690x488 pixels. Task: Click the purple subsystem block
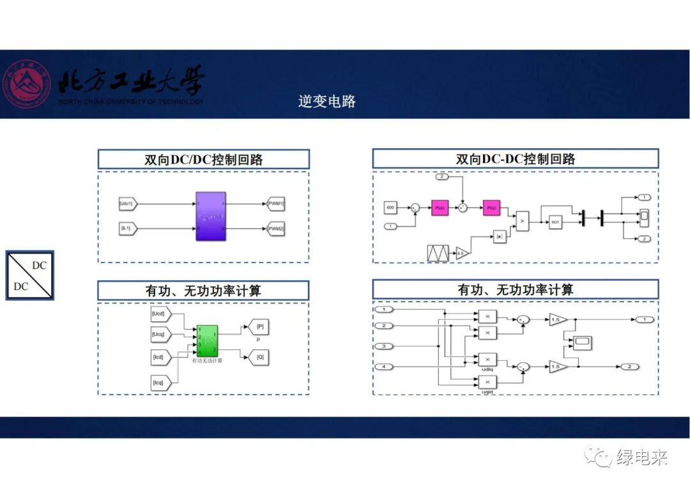click(210, 216)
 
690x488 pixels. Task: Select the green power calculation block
click(207, 340)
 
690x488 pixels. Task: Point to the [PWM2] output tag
click(276, 228)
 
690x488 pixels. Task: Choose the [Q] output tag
click(259, 358)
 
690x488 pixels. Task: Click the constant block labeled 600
click(390, 208)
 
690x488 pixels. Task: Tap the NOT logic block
click(555, 222)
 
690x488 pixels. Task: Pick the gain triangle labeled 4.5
click(461, 254)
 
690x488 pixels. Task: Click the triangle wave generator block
click(438, 254)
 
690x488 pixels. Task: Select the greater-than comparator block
click(523, 221)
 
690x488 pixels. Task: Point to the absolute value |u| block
click(500, 237)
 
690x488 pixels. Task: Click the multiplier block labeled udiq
click(487, 360)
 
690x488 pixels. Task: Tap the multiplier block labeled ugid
click(487, 382)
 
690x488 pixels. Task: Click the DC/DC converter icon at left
click(30, 275)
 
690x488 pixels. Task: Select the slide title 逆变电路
click(326, 101)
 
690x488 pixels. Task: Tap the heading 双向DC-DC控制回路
click(515, 159)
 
